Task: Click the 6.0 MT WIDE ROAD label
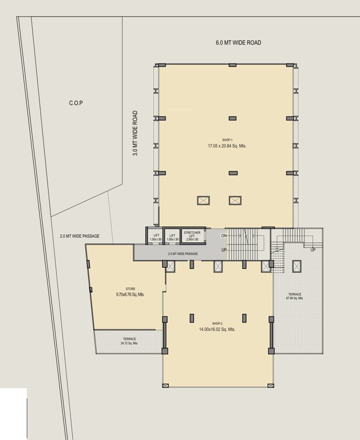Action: click(x=239, y=43)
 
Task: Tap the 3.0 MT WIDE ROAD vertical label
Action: click(x=136, y=133)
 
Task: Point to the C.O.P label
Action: click(x=76, y=103)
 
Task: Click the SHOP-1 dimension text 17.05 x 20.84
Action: click(x=227, y=146)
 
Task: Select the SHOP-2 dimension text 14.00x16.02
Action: click(x=217, y=329)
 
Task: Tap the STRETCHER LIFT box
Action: click(x=192, y=235)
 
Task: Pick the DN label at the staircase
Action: click(x=224, y=235)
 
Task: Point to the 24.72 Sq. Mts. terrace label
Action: click(x=129, y=341)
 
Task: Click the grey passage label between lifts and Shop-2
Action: click(x=183, y=253)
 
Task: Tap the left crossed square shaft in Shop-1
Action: click(x=204, y=201)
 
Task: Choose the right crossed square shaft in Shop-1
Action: click(x=235, y=201)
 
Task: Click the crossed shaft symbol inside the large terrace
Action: click(x=296, y=266)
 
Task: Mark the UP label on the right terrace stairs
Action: click(x=313, y=250)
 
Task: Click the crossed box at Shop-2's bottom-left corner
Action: click(x=166, y=385)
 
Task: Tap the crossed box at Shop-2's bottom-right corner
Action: click(x=270, y=385)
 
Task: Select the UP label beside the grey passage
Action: click(x=225, y=250)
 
